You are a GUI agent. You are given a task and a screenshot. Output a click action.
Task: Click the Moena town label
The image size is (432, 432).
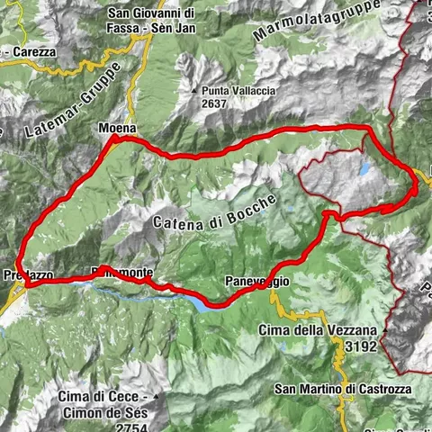[116, 129]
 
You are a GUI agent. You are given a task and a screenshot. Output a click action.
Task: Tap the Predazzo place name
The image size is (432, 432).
[22, 274]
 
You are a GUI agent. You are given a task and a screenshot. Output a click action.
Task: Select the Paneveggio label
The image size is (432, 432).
[257, 282]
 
